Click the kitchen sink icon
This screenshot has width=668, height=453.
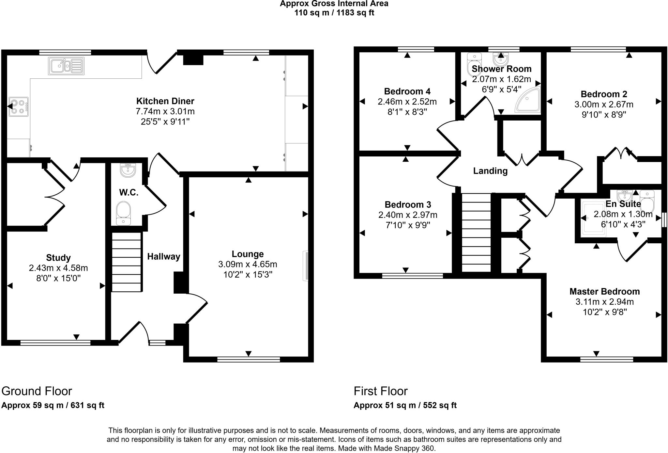tap(66, 66)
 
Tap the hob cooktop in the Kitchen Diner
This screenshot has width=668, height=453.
tap(19, 106)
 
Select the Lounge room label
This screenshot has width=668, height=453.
tap(248, 254)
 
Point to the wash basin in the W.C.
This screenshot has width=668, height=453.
tap(128, 170)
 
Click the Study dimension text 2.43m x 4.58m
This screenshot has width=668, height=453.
tap(58, 268)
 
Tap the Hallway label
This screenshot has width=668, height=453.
tap(163, 257)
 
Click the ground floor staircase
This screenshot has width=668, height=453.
tap(127, 262)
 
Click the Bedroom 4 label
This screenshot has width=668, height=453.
tap(407, 91)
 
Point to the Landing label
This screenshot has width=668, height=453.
tap(490, 171)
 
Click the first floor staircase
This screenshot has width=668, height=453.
tap(477, 232)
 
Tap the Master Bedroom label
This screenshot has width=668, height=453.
tap(604, 291)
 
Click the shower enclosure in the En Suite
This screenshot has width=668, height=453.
tap(594, 218)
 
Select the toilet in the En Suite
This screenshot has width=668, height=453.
tap(647, 200)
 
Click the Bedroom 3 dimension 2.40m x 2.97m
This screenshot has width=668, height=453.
tap(408, 215)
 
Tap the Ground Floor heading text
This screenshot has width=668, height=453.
tap(37, 391)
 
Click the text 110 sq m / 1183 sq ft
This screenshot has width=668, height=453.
tap(334, 13)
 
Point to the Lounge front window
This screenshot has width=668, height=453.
tap(249, 360)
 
